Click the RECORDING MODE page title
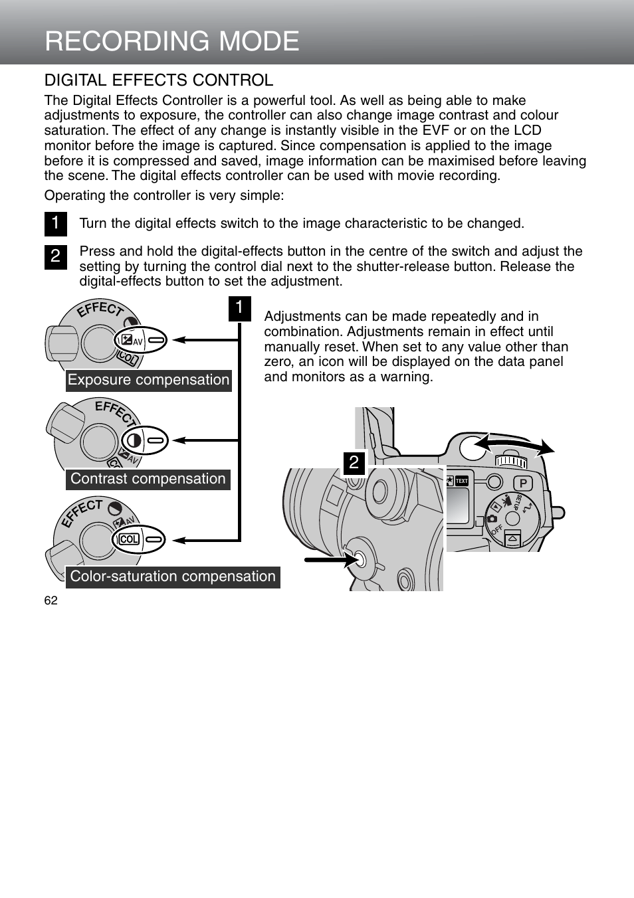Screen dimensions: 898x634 click(x=172, y=41)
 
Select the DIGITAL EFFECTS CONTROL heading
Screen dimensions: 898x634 click(x=159, y=80)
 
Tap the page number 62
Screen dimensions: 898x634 click(x=51, y=600)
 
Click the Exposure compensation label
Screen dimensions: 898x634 click(x=148, y=380)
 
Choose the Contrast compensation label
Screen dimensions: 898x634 click(x=148, y=479)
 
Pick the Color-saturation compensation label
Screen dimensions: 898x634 click(x=172, y=577)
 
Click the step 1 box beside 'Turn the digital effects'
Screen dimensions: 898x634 click(x=56, y=223)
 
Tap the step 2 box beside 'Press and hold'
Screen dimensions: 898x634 click(x=56, y=256)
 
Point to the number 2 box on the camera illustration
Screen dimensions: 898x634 click(x=354, y=462)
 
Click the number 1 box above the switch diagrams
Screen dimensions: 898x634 click(x=239, y=308)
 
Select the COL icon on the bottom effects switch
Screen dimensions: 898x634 click(x=129, y=539)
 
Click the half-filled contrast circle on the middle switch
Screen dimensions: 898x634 click(x=134, y=440)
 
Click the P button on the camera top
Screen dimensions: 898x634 click(x=522, y=484)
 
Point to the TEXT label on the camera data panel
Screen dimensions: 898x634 click(x=461, y=481)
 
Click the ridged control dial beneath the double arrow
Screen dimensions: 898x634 click(x=511, y=461)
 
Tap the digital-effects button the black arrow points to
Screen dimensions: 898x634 click(x=360, y=559)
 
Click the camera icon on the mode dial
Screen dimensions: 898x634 click(x=492, y=519)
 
